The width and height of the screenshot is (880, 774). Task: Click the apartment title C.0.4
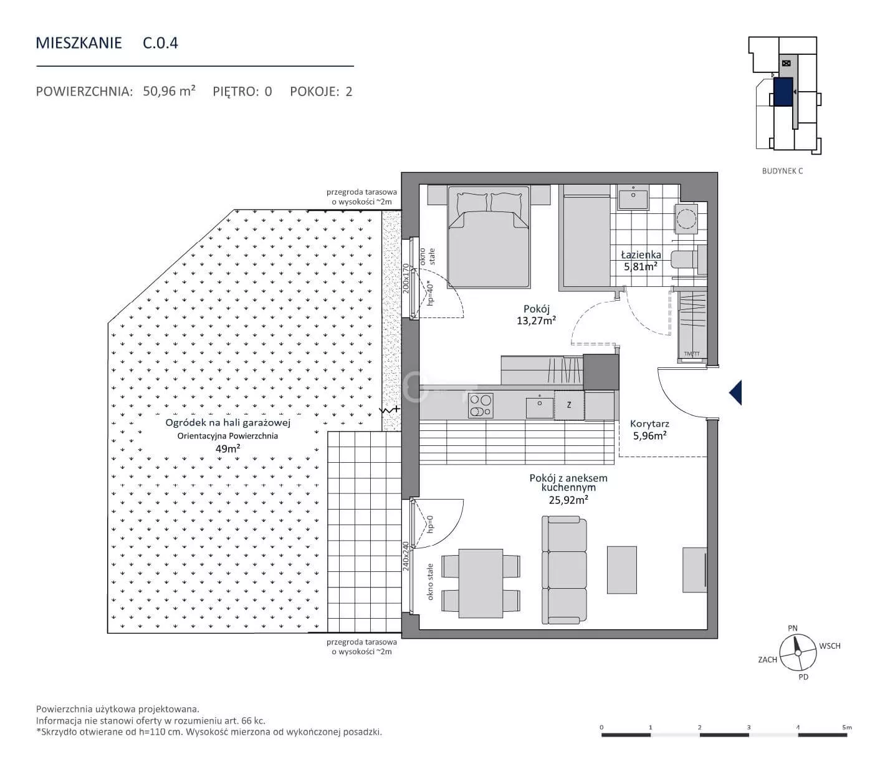[x=160, y=43]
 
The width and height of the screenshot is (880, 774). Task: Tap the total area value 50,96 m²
[x=169, y=91]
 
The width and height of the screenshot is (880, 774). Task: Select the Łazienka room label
[x=641, y=255]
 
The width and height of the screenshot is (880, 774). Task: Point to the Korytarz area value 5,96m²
[x=650, y=435]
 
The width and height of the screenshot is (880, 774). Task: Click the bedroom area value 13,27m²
[x=537, y=321]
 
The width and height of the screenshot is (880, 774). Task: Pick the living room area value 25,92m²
[x=568, y=500]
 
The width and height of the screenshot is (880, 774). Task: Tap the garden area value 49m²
[x=228, y=448]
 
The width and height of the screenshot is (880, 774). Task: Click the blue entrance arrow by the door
[x=735, y=393]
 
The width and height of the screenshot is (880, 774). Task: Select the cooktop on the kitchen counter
[x=481, y=405]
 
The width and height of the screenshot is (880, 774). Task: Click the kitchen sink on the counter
[x=540, y=407]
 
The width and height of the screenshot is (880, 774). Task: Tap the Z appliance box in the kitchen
[x=569, y=405]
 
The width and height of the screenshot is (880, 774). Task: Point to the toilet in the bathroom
[x=689, y=260]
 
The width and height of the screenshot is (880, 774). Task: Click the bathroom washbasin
[x=633, y=197]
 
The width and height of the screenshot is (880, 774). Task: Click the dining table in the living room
[x=481, y=583]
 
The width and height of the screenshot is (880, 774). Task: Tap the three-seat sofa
[x=564, y=570]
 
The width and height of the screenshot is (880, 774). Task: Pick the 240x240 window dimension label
[x=406, y=556]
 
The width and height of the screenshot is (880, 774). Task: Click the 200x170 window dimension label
[x=406, y=278]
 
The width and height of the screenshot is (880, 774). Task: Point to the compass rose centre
[x=798, y=652]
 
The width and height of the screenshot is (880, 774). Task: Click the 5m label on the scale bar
[x=847, y=727]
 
